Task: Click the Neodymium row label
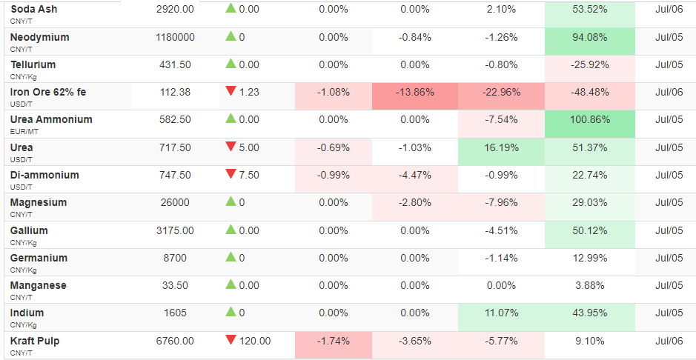click(x=39, y=37)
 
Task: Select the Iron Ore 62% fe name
click(x=48, y=92)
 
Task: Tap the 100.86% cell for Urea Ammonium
click(x=590, y=120)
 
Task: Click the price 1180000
click(x=176, y=38)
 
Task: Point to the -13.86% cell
click(x=414, y=93)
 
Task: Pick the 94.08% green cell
click(x=590, y=38)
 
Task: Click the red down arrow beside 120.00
click(x=231, y=340)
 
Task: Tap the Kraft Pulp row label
click(x=35, y=341)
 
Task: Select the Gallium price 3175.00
click(x=176, y=230)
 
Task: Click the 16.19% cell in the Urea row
click(x=502, y=147)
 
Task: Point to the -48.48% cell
click(x=590, y=93)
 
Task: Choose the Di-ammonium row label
click(x=44, y=175)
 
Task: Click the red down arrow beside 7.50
click(x=231, y=174)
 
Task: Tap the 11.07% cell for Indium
click(x=502, y=313)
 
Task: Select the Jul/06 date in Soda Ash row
click(x=669, y=9)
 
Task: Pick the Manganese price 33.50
click(x=176, y=285)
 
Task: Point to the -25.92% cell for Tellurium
click(x=590, y=65)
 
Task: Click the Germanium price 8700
click(x=176, y=258)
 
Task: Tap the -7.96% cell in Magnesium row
click(x=502, y=203)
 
